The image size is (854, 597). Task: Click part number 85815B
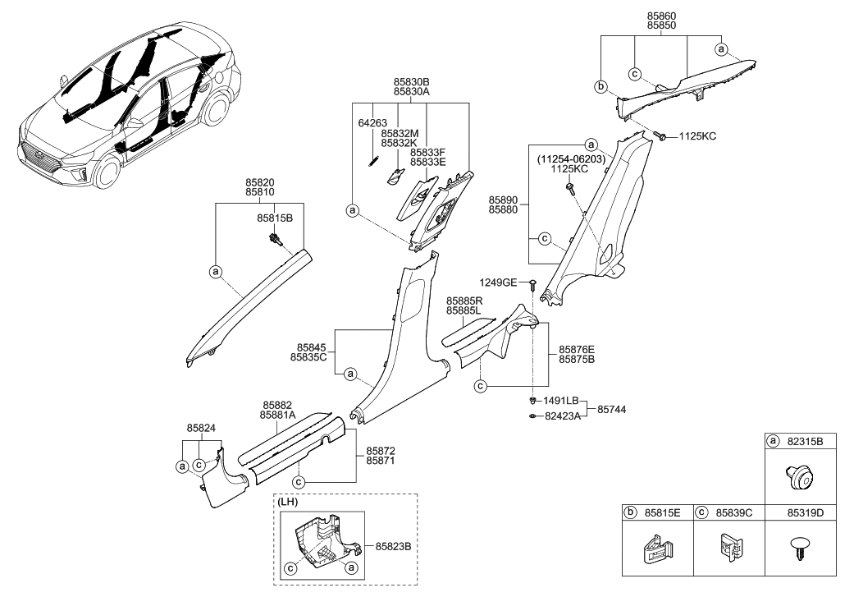coord(275,220)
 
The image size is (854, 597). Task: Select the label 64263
coord(372,123)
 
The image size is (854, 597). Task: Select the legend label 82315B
coord(808,440)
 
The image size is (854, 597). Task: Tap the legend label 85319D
coord(808,512)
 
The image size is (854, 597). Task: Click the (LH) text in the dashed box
coord(289,502)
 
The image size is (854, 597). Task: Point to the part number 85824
coord(202,428)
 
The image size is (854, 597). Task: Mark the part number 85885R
coord(465,301)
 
